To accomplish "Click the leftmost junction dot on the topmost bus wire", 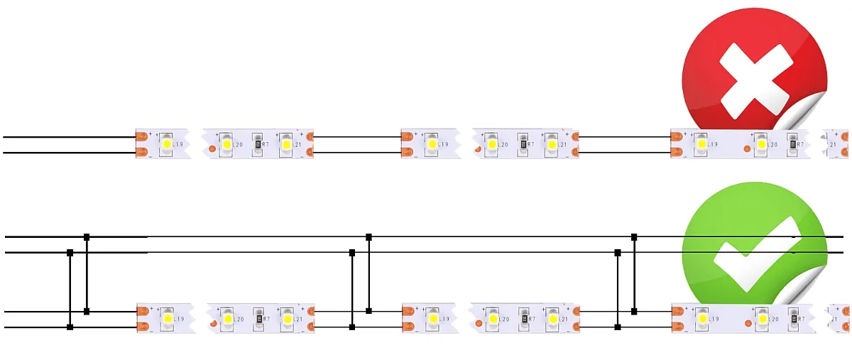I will [x=87, y=236].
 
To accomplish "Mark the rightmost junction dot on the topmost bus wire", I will [x=634, y=236].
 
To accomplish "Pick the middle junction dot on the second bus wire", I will [x=352, y=252].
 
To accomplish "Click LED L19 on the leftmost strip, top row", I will [x=166, y=143].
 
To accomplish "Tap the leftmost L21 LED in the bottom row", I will [x=286, y=319].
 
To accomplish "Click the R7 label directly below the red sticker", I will [x=799, y=144].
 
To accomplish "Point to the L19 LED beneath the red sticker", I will [x=701, y=143].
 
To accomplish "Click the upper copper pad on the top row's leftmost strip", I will [x=141, y=136].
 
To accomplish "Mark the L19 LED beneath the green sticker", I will [x=701, y=319].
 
